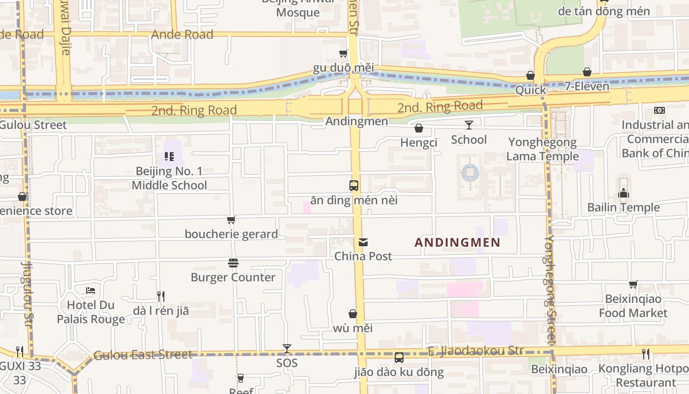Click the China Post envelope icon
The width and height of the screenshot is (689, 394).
click(x=363, y=242)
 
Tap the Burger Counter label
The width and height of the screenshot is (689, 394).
click(x=233, y=277)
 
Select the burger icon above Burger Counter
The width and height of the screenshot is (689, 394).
click(x=233, y=263)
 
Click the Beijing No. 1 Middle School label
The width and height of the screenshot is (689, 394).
click(x=169, y=178)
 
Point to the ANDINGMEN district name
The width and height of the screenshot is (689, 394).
click(x=457, y=242)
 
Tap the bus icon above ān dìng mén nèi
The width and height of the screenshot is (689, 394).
click(x=354, y=186)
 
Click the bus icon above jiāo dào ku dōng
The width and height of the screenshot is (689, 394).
click(x=399, y=358)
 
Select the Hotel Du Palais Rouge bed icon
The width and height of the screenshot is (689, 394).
click(x=91, y=291)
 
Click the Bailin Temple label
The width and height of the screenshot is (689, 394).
click(x=623, y=207)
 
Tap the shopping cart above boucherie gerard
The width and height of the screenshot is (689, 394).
click(x=231, y=220)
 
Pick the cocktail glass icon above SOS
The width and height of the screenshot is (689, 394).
click(x=287, y=349)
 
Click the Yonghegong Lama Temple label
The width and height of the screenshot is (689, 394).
click(x=542, y=149)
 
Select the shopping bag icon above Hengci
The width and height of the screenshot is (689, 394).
click(x=419, y=129)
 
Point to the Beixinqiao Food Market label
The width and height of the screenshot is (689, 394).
click(x=633, y=306)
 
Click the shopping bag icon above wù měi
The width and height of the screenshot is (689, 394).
click(x=353, y=314)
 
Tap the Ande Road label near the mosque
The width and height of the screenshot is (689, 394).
click(x=182, y=34)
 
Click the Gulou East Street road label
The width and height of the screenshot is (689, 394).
click(x=143, y=355)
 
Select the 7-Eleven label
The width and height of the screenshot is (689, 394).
click(x=587, y=86)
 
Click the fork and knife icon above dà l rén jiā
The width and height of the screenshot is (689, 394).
click(x=160, y=296)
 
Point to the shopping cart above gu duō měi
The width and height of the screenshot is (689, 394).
click(x=344, y=53)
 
